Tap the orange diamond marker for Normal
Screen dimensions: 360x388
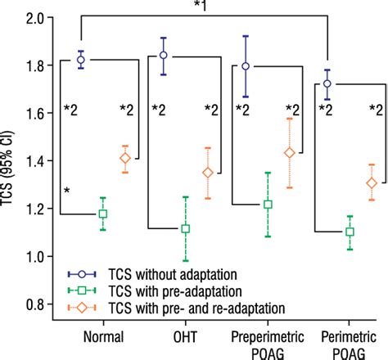click(x=125, y=159)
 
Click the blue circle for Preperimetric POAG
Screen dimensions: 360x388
click(x=246, y=66)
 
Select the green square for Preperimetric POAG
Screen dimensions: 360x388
click(x=268, y=205)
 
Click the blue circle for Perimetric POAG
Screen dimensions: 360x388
click(x=327, y=83)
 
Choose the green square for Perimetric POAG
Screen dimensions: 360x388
click(x=350, y=232)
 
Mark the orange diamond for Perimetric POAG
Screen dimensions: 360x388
click(x=372, y=183)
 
